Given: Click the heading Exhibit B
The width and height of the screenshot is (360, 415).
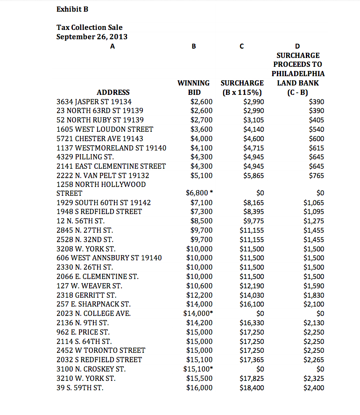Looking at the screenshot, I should [x=72, y=9].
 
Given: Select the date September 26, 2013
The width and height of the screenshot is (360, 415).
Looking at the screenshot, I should [x=92, y=36].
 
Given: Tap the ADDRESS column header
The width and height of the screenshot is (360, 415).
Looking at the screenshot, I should [x=113, y=92].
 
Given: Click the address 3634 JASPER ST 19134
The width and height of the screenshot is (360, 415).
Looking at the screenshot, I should [x=94, y=101].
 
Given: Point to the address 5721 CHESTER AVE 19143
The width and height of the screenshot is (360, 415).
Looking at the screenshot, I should [x=99, y=138].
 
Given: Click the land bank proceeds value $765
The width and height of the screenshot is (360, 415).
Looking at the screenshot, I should [x=317, y=175].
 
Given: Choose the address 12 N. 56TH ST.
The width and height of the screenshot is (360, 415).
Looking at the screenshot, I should [x=80, y=221].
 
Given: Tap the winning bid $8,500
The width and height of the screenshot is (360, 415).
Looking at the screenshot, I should [x=201, y=221].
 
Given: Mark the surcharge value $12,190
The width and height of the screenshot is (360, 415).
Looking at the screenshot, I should [x=252, y=286].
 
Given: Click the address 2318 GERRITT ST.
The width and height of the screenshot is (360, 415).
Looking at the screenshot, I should [x=86, y=295].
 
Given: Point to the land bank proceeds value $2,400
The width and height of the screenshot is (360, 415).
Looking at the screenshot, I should [x=314, y=387].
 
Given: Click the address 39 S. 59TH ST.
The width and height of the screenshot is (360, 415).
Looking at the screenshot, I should [x=80, y=387].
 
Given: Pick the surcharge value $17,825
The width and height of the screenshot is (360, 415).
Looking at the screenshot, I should [x=252, y=378].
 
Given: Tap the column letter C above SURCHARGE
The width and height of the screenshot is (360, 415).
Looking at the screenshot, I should [x=241, y=46].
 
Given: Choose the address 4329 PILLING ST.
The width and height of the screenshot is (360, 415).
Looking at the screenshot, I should [x=85, y=157].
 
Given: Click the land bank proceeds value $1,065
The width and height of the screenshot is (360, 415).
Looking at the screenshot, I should [x=314, y=202].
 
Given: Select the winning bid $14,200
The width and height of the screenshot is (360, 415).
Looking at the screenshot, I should [x=199, y=322].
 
